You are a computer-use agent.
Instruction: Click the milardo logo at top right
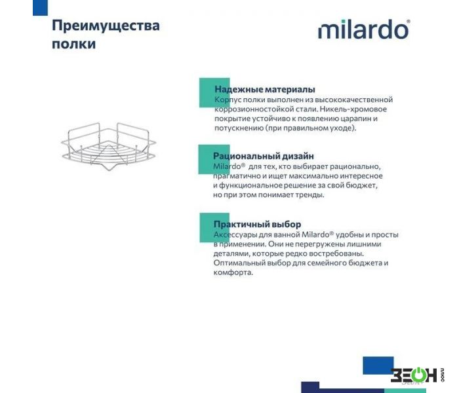coord(364,29)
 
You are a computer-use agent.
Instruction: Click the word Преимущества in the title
coord(106,26)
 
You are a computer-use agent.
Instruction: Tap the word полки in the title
coord(73,44)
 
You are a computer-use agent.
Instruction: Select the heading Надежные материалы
coord(265,89)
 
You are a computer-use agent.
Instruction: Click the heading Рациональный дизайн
coord(263,156)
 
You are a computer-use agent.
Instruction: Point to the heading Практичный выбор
coord(257,224)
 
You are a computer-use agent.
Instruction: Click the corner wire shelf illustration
coord(109,147)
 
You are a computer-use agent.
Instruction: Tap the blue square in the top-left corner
coord(40,8)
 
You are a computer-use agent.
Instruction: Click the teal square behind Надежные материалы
coord(214,92)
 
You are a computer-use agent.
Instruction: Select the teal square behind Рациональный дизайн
coord(214,159)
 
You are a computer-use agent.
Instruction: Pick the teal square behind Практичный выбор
coord(214,227)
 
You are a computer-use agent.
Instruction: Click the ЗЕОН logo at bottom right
coord(417,375)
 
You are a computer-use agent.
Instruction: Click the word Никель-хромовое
coord(353,109)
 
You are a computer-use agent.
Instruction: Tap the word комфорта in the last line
coord(233,272)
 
